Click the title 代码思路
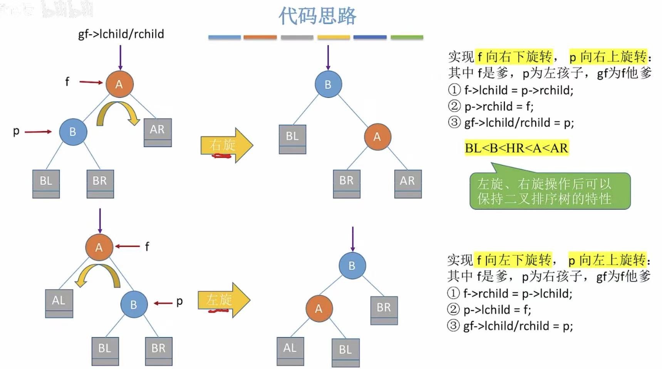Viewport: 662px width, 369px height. coord(317,16)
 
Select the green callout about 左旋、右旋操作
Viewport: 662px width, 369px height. coord(550,191)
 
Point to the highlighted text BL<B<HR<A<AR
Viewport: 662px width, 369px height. coord(516,148)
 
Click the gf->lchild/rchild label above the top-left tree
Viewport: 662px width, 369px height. coord(121,34)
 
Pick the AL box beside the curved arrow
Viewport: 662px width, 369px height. coord(59,302)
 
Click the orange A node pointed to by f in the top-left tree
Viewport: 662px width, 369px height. coord(119,84)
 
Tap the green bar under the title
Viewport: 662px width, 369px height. coord(407,37)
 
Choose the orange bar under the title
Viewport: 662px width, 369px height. coord(260,37)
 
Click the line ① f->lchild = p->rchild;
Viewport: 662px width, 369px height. coord(511,90)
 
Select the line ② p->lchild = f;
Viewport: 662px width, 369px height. coord(489,310)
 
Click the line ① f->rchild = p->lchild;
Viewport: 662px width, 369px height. coord(510,294)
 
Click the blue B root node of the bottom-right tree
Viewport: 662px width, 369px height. coord(352,265)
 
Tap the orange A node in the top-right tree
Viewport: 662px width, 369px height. coord(377,137)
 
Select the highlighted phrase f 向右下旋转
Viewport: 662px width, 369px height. coord(515,57)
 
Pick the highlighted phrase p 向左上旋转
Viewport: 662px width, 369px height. coord(607,260)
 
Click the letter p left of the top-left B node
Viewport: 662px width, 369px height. coord(16,132)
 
